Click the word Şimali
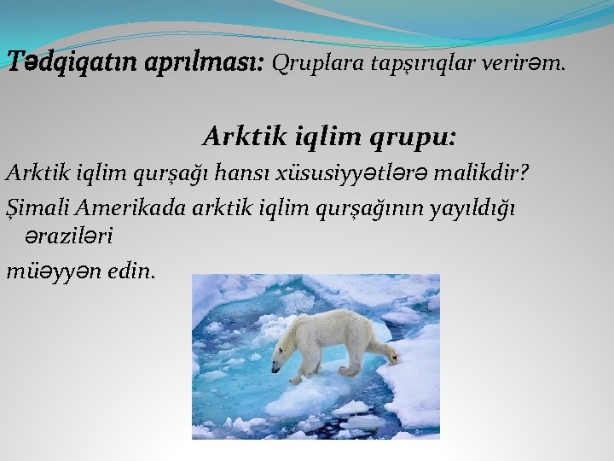click(35, 209)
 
